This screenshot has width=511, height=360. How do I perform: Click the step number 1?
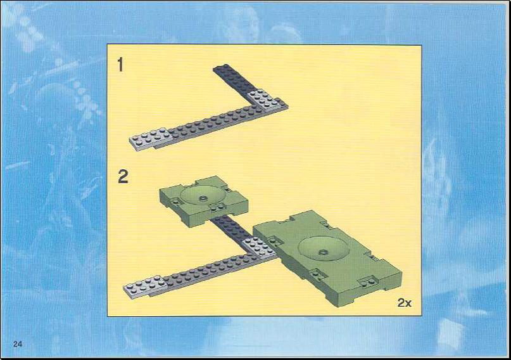pos(120,65)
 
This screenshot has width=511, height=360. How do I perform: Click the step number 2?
pos(123,176)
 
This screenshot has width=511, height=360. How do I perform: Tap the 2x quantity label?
pos(405,302)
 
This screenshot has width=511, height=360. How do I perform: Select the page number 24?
pos(18,344)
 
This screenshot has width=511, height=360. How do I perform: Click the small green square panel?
pos(204,201)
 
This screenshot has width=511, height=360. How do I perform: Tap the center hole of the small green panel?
pos(203,198)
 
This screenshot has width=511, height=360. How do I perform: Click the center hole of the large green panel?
pos(324,252)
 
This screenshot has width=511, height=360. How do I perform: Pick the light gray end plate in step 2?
pos(146,286)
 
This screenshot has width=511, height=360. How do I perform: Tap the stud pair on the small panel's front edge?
pos(217,207)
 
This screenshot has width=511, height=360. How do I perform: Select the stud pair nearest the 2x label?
pos(369,281)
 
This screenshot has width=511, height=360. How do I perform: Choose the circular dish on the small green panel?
pos(203,196)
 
